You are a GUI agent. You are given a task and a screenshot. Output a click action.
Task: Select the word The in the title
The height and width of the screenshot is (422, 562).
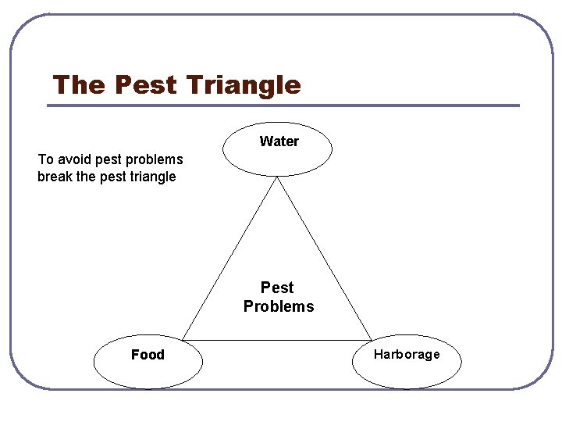coord(78,84)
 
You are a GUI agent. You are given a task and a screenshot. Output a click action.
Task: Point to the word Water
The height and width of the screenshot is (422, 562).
coord(279,141)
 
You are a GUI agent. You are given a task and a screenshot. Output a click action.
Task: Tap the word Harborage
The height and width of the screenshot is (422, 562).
coord(407,354)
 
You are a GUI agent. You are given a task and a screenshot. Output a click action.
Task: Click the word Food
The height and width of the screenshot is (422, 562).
coord(148,355)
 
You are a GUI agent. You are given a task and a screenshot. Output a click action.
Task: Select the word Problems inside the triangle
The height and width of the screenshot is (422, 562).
coord(279,306)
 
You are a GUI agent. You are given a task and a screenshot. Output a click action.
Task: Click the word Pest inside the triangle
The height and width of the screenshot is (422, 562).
coord(277,288)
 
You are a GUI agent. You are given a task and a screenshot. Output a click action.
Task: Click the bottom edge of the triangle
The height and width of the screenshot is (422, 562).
coord(277,340)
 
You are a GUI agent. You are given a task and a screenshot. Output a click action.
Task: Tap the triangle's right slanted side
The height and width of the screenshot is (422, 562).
coord(324,259)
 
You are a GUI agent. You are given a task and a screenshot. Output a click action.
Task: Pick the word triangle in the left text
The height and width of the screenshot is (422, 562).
coord(151,177)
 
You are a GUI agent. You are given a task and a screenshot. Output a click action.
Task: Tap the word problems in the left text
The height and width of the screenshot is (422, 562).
coord(154,159)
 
